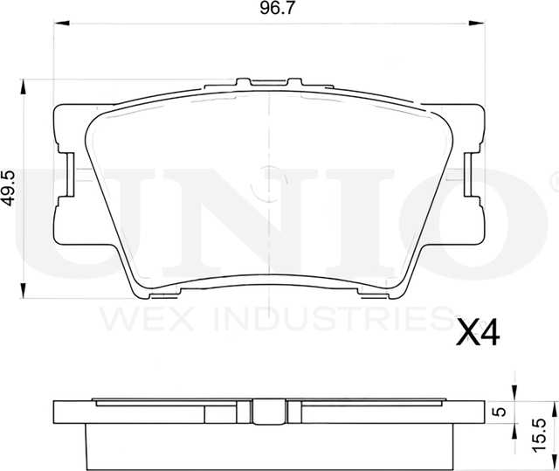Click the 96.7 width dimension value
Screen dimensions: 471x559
(x=270, y=11)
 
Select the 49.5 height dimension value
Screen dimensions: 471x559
(x=10, y=188)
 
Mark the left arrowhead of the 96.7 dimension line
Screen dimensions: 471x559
(x=58, y=27)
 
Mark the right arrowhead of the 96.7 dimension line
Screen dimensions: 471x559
(x=481, y=27)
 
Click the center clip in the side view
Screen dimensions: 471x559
(x=270, y=410)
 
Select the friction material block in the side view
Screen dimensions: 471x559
(x=270, y=446)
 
